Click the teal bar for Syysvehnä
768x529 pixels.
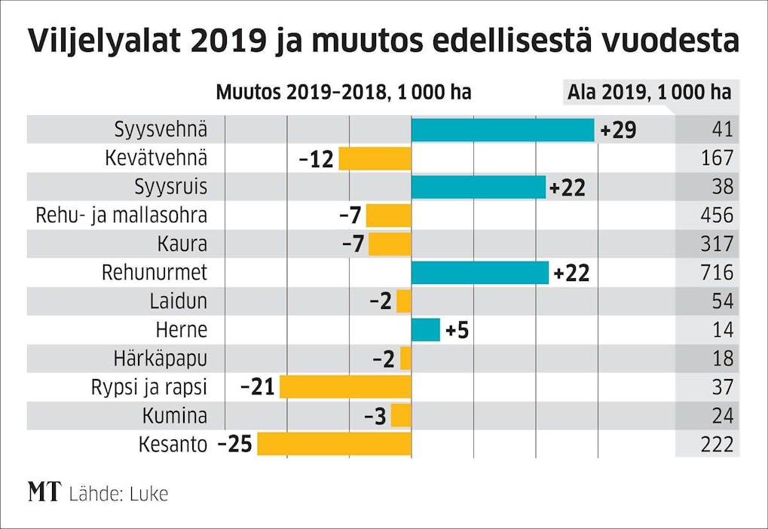503,130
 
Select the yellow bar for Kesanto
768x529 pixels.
335,444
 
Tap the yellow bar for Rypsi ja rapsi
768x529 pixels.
345,387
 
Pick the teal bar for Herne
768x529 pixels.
426,329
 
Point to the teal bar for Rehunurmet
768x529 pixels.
480,273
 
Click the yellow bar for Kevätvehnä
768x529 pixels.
375,158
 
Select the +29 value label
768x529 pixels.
618,130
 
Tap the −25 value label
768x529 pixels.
235,444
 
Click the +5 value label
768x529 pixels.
457,330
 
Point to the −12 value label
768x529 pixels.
317,159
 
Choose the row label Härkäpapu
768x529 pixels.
161,358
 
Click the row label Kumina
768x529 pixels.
174,415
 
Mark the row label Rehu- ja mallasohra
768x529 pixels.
121,216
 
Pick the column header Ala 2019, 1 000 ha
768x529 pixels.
649,93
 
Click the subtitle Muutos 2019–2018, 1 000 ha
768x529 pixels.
343,93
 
